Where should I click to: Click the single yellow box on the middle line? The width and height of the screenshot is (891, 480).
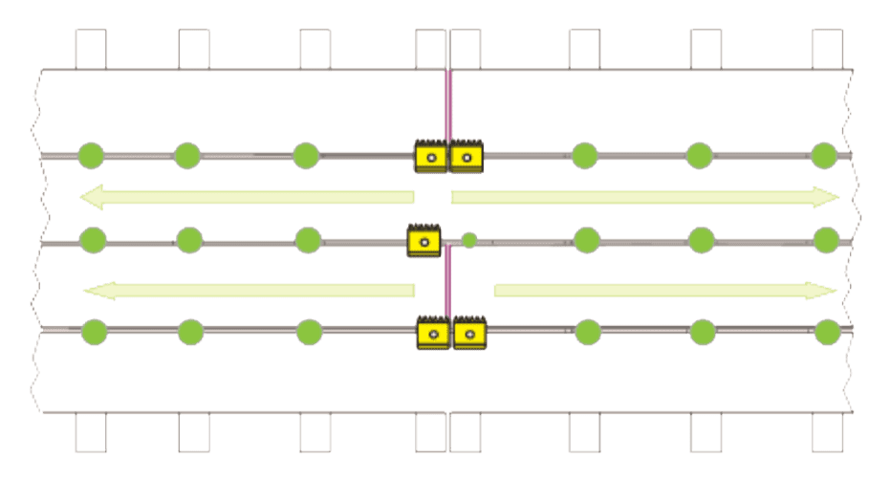point(424,240)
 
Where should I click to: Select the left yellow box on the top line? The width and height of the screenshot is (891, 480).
point(431,156)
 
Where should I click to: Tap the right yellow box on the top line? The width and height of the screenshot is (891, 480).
point(467,156)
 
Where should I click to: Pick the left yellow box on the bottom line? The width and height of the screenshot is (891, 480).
point(433,333)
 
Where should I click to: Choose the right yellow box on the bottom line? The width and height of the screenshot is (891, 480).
point(469,333)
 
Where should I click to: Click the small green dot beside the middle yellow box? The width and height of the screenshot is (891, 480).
point(468,240)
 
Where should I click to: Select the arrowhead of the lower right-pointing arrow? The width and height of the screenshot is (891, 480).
point(828,291)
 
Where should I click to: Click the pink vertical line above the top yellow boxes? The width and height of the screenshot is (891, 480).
point(446,105)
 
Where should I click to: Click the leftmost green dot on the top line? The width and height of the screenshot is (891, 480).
point(90,154)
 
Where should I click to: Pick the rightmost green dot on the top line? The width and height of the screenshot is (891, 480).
point(824,154)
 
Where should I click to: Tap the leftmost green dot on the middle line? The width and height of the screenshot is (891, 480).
point(92,238)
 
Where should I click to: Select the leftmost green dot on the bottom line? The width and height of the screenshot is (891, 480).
point(94,332)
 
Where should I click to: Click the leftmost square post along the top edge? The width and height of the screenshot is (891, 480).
point(92,49)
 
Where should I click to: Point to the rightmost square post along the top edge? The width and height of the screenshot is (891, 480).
point(827,49)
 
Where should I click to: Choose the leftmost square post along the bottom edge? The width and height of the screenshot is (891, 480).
point(92,433)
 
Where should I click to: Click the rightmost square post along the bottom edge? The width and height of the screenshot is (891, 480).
point(827,433)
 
